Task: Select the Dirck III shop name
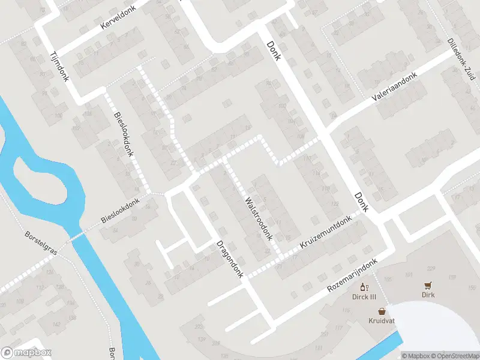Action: pyautogui.click(x=364, y=296)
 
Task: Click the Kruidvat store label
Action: pyautogui.click(x=382, y=321)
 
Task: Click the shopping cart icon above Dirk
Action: pyautogui.click(x=428, y=285)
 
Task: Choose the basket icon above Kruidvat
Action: pyautogui.click(x=382, y=311)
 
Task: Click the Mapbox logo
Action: pyautogui.click(x=26, y=353)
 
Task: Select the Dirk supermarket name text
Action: pyautogui.click(x=428, y=295)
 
